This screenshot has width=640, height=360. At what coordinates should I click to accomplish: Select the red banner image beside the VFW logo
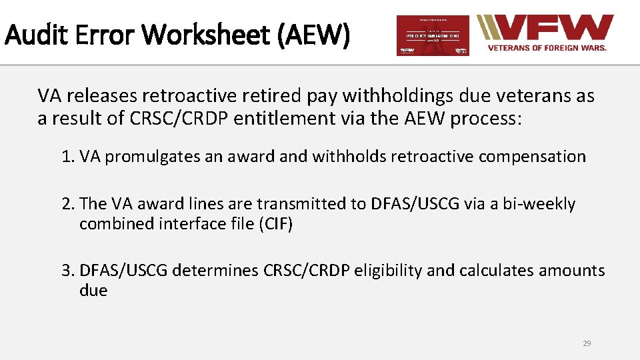[433, 35]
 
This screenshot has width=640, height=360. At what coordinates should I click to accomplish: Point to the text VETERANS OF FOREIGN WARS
[547, 48]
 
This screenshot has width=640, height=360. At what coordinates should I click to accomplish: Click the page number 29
[587, 343]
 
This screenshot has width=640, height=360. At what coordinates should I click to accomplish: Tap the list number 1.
[67, 157]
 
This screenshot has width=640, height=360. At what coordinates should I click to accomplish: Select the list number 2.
[67, 204]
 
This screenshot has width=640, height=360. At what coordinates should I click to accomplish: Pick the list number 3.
[67, 271]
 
